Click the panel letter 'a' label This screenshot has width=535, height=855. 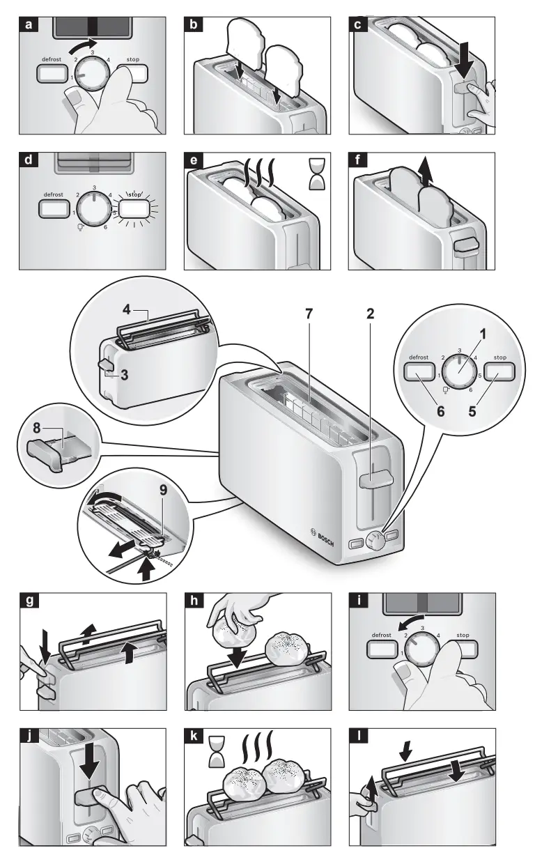[29, 25]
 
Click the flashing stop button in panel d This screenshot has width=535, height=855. [134, 209]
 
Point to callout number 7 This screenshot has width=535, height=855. [309, 314]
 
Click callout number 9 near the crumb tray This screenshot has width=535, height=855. [163, 490]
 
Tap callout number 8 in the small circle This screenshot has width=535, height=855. [37, 429]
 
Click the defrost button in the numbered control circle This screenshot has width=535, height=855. [419, 371]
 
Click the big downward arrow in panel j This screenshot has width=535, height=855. [91, 754]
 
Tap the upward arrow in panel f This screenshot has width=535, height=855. [426, 174]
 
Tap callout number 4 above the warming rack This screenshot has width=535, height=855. [126, 309]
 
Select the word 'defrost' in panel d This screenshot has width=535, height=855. [54, 194]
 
